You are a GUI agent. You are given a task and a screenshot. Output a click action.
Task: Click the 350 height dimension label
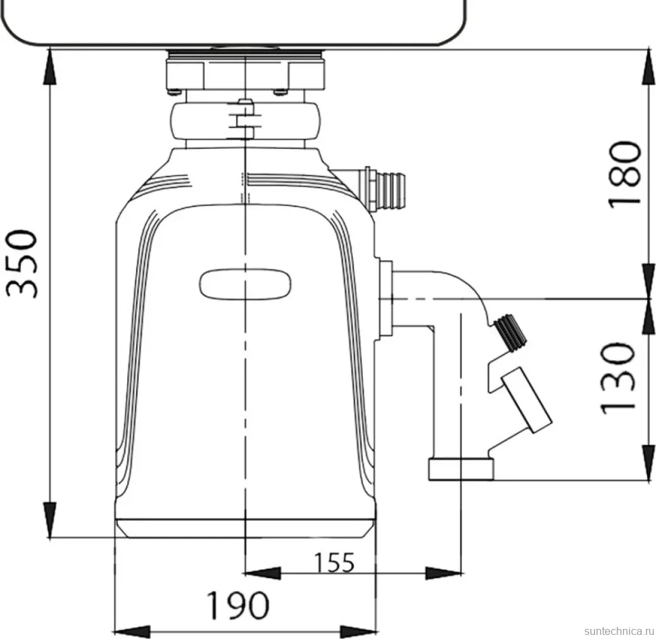click(x=22, y=263)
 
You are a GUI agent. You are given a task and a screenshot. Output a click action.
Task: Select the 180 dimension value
click(x=624, y=174)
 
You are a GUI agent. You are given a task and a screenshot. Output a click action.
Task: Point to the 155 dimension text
click(x=334, y=563)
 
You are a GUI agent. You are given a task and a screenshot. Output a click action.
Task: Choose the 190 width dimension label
click(x=238, y=605)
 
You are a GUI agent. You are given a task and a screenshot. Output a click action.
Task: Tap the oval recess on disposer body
click(x=245, y=284)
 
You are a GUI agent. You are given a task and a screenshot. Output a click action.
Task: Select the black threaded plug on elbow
click(x=509, y=332)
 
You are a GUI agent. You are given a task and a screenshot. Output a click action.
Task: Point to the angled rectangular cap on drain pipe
click(x=526, y=400)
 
